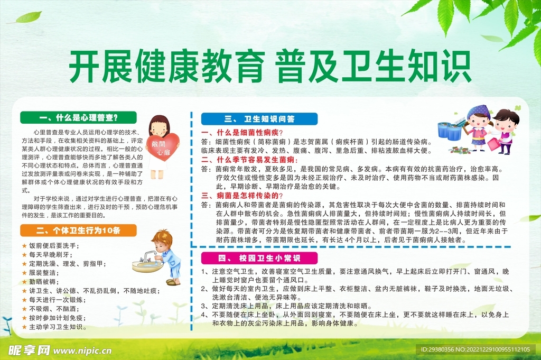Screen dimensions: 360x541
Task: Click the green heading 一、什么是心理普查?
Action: [78, 117]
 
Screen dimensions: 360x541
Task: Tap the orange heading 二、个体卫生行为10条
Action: [78, 230]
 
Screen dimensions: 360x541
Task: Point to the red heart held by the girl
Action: [162, 146]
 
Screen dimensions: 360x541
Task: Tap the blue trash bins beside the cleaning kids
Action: [449, 131]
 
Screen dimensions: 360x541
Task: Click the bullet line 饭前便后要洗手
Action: [53, 245]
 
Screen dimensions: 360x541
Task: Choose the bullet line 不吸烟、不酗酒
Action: [53, 309]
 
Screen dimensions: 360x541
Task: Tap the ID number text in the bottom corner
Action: [478, 349]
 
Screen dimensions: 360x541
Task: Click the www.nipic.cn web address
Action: [87, 350]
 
